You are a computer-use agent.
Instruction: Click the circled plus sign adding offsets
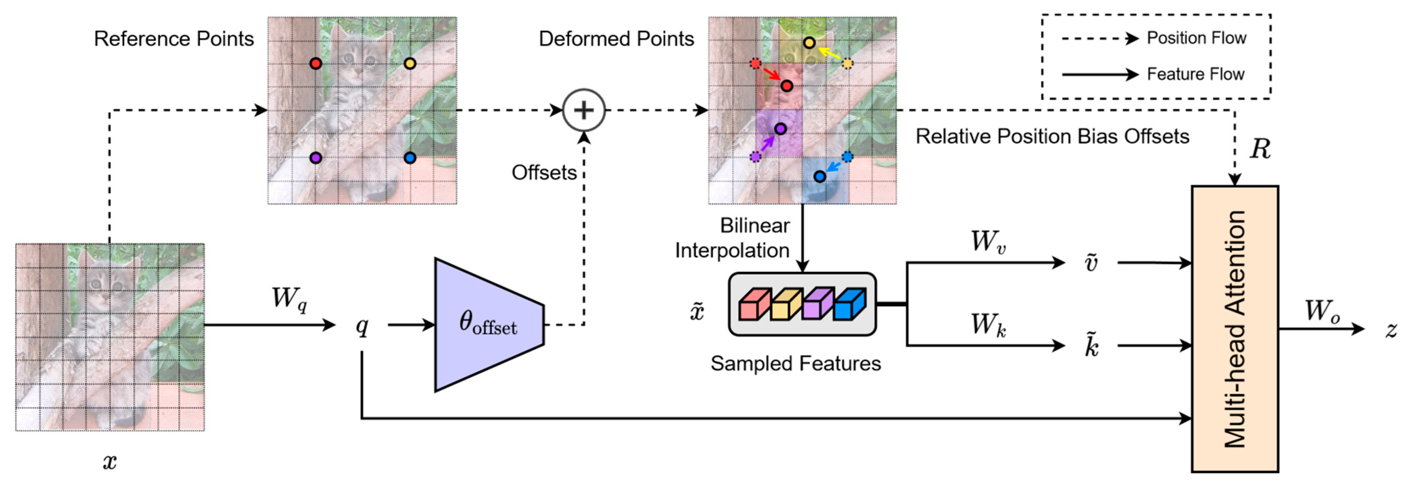click(584, 110)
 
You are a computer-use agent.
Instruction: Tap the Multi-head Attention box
click(1234, 329)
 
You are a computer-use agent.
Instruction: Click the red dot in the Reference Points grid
click(316, 63)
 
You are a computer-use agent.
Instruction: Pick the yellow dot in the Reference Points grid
click(410, 63)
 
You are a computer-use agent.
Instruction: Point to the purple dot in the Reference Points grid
click(316, 158)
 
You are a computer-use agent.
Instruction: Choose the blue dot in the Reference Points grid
click(410, 158)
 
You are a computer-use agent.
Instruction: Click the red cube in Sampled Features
click(754, 304)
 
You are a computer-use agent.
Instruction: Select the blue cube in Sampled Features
click(850, 304)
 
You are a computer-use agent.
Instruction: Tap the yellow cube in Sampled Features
click(786, 304)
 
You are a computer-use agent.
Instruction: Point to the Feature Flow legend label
click(1195, 74)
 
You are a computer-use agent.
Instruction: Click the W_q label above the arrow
click(289, 299)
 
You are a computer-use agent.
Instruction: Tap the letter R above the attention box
click(1260, 149)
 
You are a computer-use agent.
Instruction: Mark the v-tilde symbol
click(1091, 262)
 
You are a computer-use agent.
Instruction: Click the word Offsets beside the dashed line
click(544, 172)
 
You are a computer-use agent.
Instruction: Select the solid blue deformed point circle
click(820, 176)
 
